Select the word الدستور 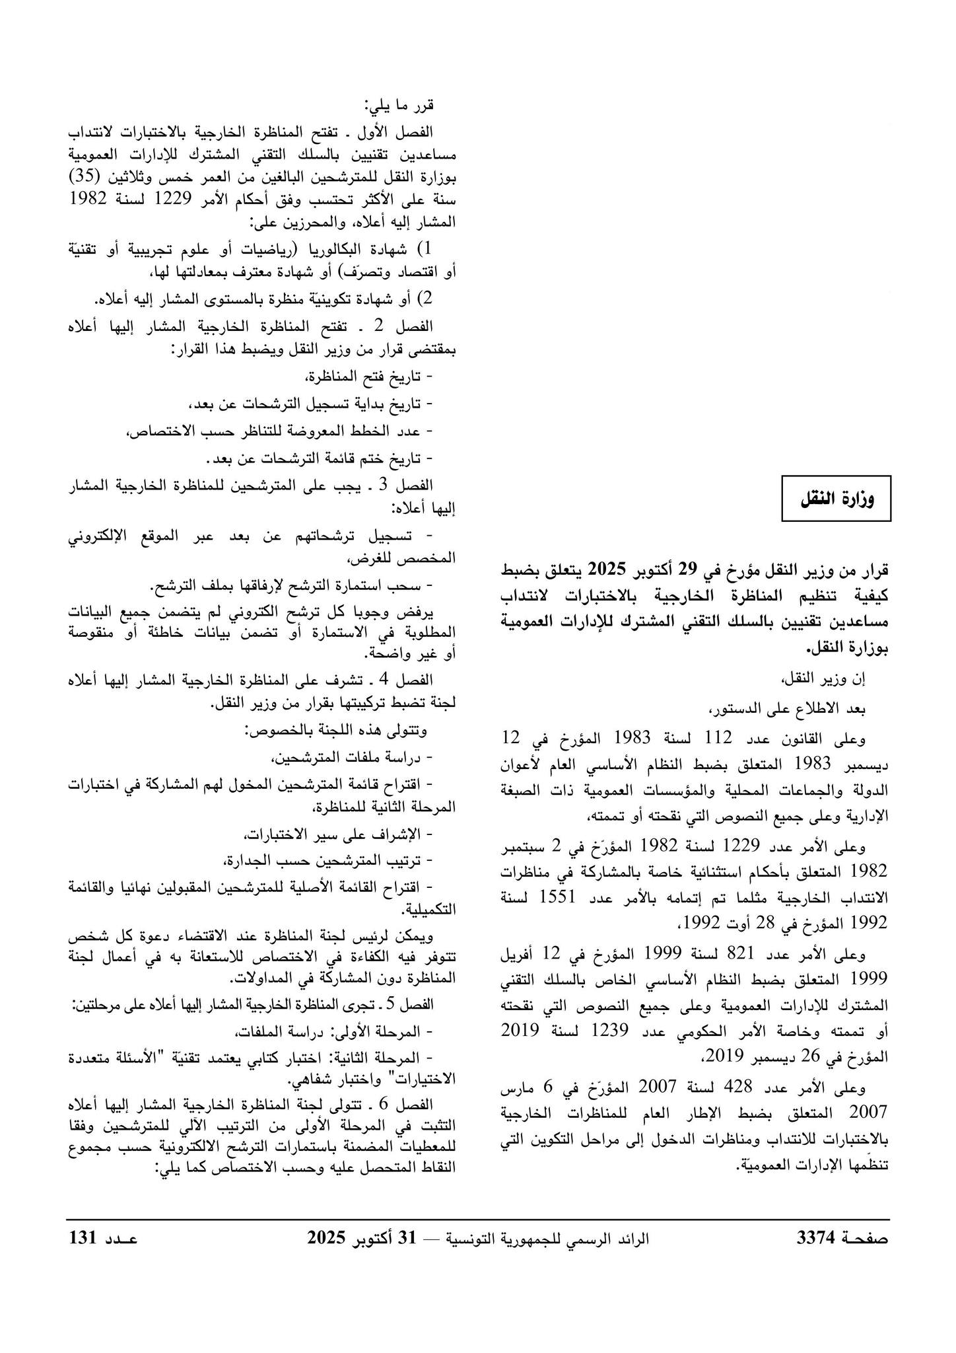[739, 709]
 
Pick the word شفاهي [312, 1081]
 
